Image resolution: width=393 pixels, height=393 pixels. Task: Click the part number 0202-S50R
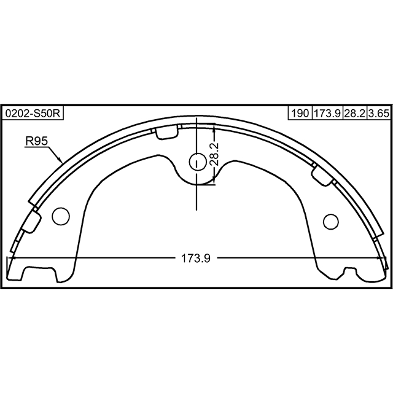click(x=33, y=114)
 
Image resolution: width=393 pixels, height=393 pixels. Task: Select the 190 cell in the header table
click(x=300, y=113)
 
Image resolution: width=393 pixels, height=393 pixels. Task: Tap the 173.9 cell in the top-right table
click(x=327, y=113)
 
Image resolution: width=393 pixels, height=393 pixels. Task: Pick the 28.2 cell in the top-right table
click(x=355, y=113)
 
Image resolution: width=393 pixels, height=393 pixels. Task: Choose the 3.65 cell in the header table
click(x=379, y=113)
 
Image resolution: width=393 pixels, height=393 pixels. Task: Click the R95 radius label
click(x=36, y=141)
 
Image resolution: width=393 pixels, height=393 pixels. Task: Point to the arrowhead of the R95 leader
click(x=60, y=160)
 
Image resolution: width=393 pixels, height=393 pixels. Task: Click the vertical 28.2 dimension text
click(x=214, y=154)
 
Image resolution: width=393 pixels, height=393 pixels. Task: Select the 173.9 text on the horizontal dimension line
click(x=196, y=259)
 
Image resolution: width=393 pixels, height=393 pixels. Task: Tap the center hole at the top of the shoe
click(x=197, y=162)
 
